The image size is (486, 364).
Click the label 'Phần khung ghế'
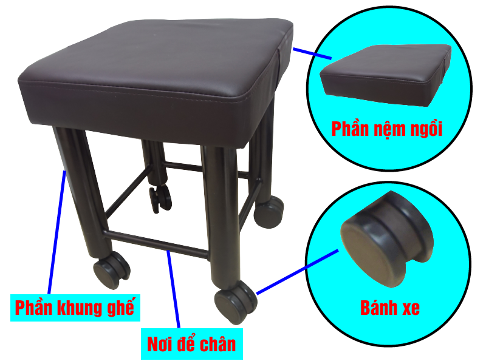pos(75,308)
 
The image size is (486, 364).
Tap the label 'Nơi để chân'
pos(191,344)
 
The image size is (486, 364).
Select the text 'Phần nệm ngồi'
pos(386,129)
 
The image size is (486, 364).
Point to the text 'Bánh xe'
pos(389,308)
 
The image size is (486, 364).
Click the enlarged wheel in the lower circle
pos(388,238)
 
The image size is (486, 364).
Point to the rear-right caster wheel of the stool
pos(269,211)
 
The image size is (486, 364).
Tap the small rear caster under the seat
pos(160,198)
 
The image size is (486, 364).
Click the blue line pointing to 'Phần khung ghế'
pos(56,232)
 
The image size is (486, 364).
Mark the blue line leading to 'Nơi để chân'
pos(173,289)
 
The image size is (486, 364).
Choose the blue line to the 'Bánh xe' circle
pos(297,272)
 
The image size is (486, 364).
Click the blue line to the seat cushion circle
pos(312,53)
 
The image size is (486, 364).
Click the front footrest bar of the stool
pos(157,244)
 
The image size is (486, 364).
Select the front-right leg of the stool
pos(221,217)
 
